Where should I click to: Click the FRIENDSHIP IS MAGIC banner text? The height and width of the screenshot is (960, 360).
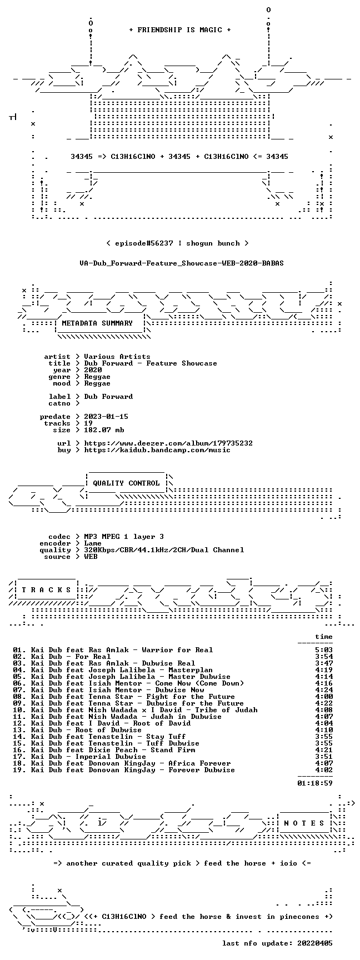click(x=180, y=30)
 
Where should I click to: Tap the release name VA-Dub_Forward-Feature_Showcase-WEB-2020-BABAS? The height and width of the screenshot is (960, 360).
click(x=182, y=263)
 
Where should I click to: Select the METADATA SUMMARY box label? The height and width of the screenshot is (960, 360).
click(x=97, y=323)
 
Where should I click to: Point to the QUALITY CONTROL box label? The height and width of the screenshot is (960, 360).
click(x=126, y=483)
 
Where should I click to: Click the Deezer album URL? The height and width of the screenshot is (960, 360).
click(x=168, y=443)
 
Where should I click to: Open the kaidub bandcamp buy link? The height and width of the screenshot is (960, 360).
click(x=157, y=450)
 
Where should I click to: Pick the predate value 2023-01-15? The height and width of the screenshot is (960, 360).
click(x=106, y=417)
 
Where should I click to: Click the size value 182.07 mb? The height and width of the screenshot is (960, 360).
click(x=104, y=430)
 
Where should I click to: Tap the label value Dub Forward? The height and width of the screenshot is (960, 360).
click(x=108, y=397)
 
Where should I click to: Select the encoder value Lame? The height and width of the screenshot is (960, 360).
click(x=93, y=543)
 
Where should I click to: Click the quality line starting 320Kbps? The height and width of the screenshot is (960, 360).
click(x=164, y=550)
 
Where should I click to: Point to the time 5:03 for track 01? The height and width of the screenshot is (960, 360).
click(x=324, y=650)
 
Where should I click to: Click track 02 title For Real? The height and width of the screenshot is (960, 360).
click(x=93, y=657)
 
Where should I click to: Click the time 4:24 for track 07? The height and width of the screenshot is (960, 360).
click(x=324, y=690)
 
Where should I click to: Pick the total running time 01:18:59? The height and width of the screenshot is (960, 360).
click(x=315, y=783)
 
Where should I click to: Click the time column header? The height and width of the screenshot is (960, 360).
click(x=324, y=637)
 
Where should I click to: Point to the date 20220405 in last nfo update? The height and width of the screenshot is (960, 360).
click(x=315, y=943)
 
